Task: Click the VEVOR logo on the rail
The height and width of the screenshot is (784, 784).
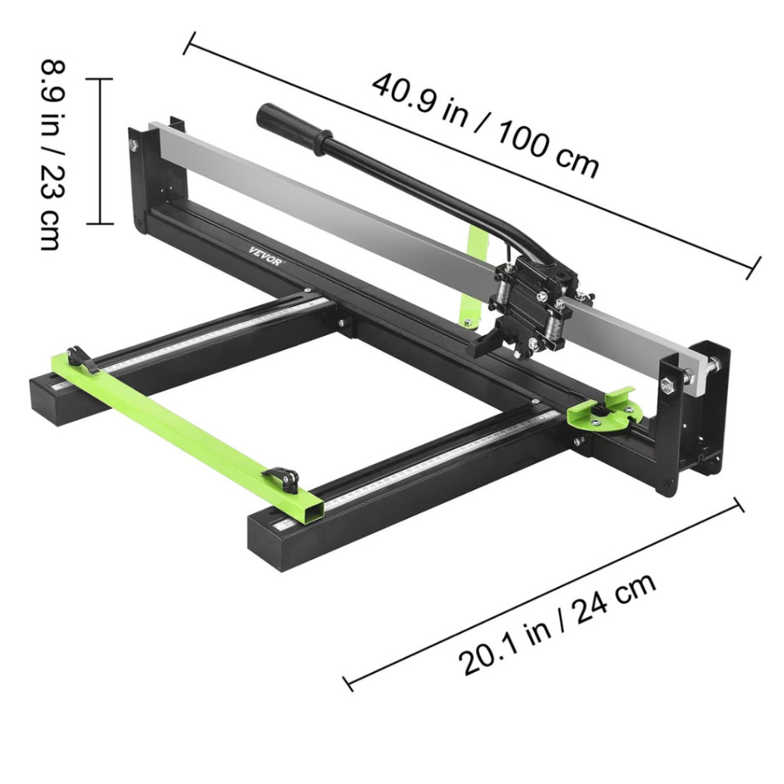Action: [266, 256]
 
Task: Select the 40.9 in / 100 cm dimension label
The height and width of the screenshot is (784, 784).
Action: [485, 126]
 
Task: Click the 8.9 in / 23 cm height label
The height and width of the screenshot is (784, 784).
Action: [53, 155]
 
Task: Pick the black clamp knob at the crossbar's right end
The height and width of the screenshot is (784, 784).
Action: [283, 479]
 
